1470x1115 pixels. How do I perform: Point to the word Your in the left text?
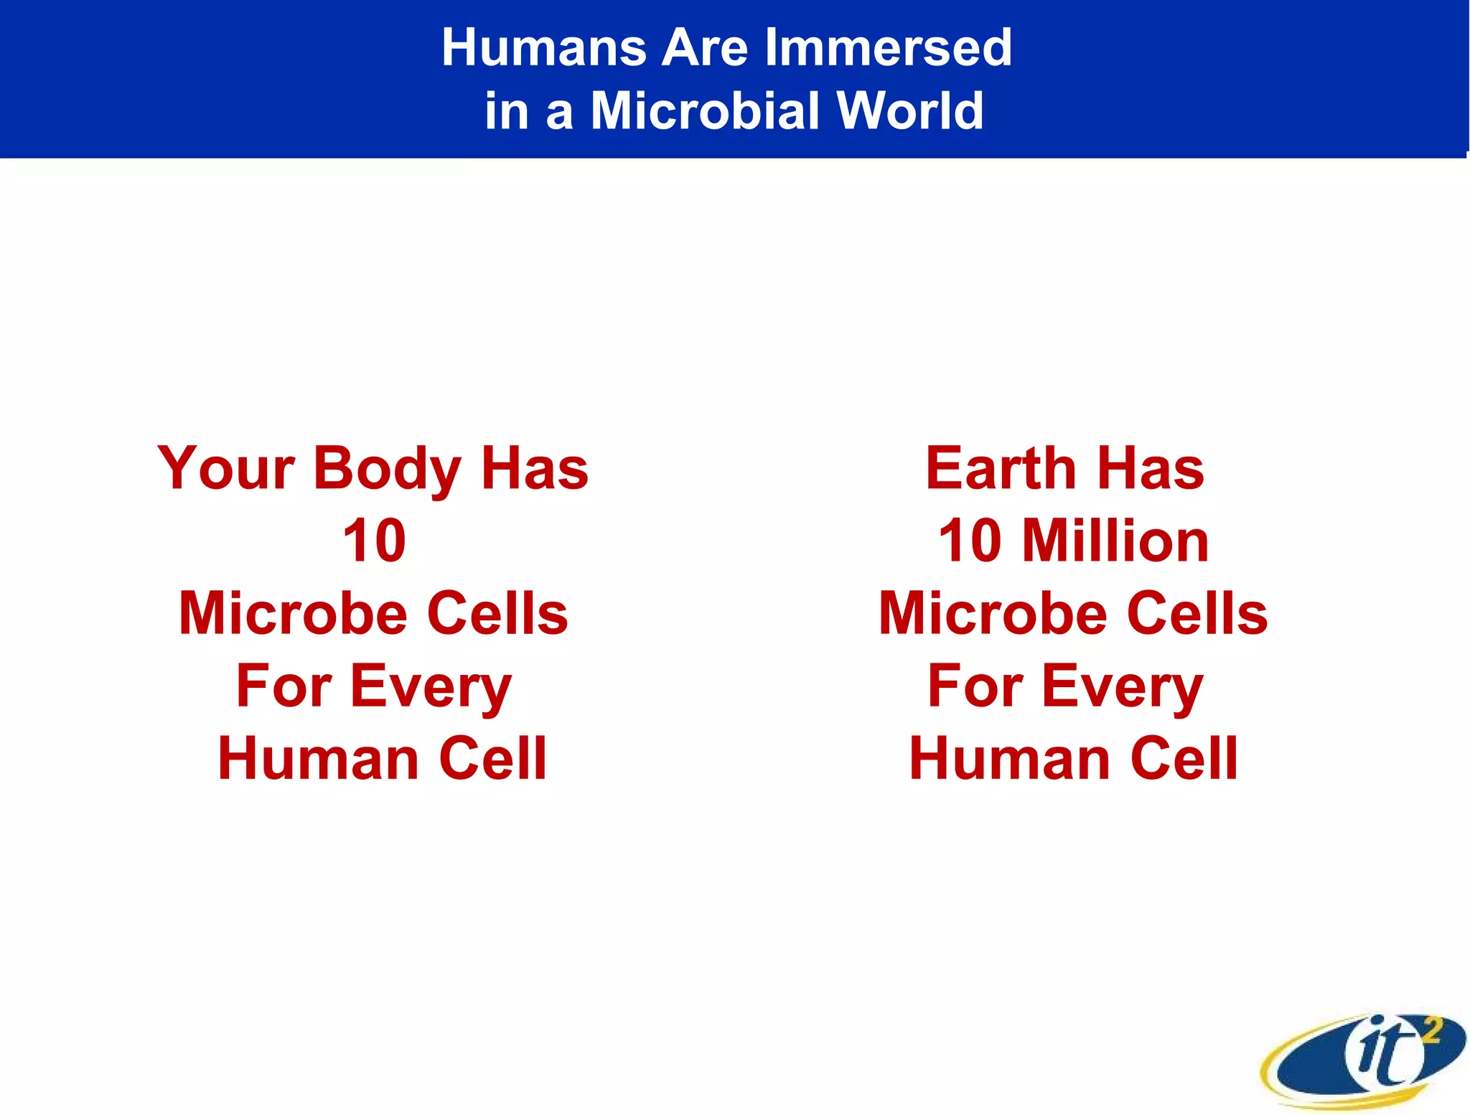click(x=225, y=469)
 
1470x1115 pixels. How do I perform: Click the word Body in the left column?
click(x=387, y=469)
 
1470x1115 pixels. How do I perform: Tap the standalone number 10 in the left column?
click(x=374, y=541)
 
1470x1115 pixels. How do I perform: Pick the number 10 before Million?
click(x=970, y=541)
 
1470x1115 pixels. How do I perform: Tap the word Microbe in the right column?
click(x=993, y=613)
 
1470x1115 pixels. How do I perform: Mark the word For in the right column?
click(x=975, y=687)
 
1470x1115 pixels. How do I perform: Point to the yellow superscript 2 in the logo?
click(x=1431, y=1031)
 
